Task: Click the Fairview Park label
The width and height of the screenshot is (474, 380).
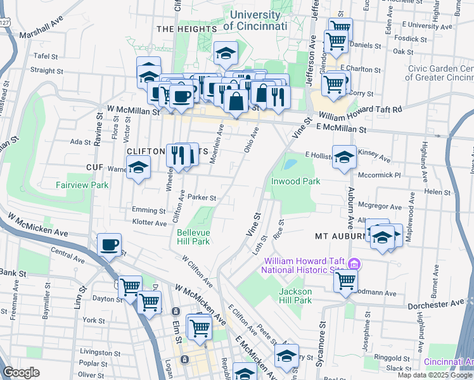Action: click(82, 185)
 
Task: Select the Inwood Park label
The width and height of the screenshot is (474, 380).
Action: click(296, 181)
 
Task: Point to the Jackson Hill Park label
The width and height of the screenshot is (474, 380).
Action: click(295, 296)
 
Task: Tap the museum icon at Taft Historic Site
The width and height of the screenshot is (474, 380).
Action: click(354, 263)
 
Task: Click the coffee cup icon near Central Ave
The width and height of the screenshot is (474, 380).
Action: click(109, 244)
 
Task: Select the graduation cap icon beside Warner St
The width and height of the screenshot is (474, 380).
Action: click(138, 168)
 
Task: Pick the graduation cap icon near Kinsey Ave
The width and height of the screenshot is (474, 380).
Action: click(344, 158)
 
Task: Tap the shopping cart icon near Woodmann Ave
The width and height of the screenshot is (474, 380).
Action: click(345, 279)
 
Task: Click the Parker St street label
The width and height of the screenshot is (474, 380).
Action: click(202, 198)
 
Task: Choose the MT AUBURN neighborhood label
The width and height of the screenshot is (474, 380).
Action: click(341, 236)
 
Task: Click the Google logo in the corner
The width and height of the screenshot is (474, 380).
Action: click(21, 372)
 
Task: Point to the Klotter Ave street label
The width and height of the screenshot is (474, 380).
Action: click(149, 222)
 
